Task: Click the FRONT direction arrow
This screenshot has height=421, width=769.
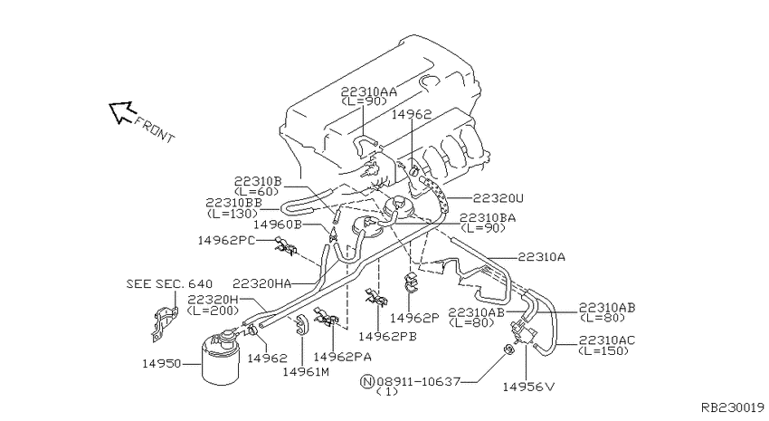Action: pyautogui.click(x=120, y=111)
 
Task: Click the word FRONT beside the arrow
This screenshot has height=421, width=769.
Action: pyautogui.click(x=155, y=129)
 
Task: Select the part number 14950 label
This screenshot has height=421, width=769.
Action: pyautogui.click(x=162, y=364)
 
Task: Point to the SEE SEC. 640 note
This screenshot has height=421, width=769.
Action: pyautogui.click(x=170, y=284)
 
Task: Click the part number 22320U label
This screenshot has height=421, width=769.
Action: pyautogui.click(x=498, y=198)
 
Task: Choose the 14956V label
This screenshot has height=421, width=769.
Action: pyautogui.click(x=528, y=388)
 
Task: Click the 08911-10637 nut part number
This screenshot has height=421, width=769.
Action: pyautogui.click(x=419, y=381)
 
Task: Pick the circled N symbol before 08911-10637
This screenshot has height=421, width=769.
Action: pyautogui.click(x=367, y=381)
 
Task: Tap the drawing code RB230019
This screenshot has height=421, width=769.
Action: pyautogui.click(x=733, y=407)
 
